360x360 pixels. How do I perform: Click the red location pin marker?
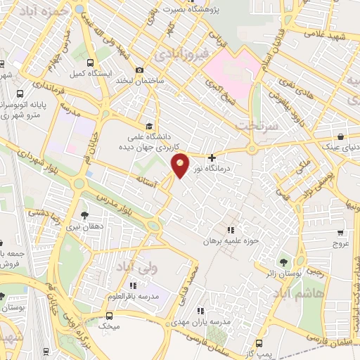point(181,165)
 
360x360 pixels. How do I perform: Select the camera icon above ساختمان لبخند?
point(139,70)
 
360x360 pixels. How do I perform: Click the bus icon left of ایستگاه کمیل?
point(60,73)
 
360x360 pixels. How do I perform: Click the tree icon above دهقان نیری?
point(85,215)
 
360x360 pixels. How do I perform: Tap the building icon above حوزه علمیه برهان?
point(230,230)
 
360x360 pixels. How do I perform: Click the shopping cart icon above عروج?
point(340,232)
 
